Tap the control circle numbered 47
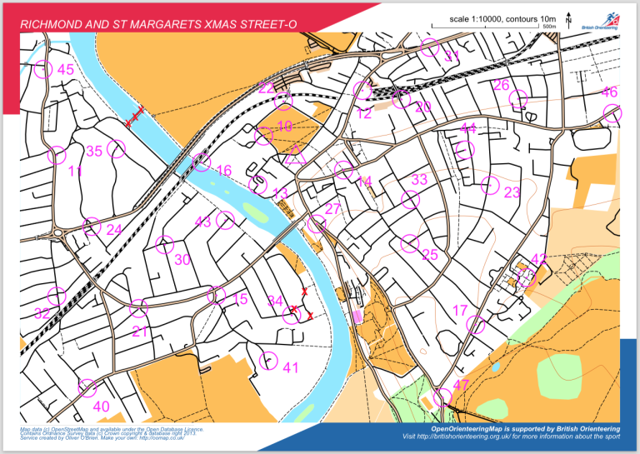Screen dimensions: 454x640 tap(442, 397)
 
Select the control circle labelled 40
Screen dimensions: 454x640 tap(86, 387)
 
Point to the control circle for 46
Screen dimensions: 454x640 tap(612, 113)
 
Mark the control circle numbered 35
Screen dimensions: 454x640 tap(116, 148)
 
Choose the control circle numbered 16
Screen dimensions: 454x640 tap(201, 162)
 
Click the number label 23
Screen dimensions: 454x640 tap(512, 193)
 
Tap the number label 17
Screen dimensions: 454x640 tap(460, 311)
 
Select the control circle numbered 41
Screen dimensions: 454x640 tap(268, 361)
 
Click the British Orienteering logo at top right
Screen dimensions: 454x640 tap(600, 22)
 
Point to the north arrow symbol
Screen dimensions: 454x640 tap(568, 18)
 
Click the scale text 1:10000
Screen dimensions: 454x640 tap(487, 18)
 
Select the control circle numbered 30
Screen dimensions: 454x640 tap(164, 244)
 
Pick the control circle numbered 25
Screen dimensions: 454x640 tap(409, 242)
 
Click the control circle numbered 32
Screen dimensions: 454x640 tap(57, 295)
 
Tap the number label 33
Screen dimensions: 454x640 tap(419, 180)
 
